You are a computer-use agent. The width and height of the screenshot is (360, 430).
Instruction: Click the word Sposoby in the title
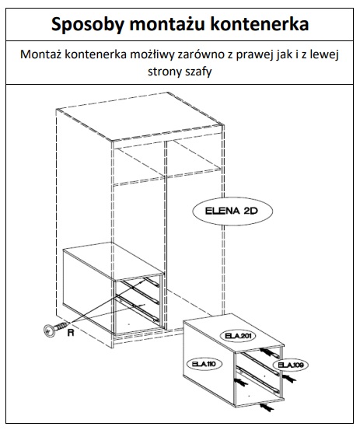click(x=88, y=25)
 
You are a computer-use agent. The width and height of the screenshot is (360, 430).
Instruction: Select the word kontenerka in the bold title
click(x=260, y=24)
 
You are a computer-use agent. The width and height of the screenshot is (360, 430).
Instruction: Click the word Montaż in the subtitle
click(x=40, y=54)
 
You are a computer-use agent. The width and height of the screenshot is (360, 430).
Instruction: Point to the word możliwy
click(x=152, y=54)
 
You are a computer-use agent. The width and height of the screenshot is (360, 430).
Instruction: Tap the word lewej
click(x=324, y=54)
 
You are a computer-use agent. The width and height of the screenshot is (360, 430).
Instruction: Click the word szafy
click(x=198, y=72)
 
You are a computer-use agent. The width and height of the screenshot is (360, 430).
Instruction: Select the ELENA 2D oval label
click(x=232, y=211)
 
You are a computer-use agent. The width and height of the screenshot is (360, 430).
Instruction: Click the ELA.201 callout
click(x=238, y=336)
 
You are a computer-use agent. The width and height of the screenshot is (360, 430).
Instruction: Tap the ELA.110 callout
click(x=204, y=364)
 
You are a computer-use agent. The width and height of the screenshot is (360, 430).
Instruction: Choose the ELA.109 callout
click(x=290, y=365)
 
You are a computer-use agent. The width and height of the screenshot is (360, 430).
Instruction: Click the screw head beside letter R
click(x=49, y=330)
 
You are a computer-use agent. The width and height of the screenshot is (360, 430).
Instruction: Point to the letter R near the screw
click(x=71, y=333)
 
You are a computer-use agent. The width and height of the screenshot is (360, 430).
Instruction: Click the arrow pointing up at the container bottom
click(x=267, y=407)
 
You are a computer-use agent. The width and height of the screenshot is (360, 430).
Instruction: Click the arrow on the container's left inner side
click(x=240, y=382)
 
